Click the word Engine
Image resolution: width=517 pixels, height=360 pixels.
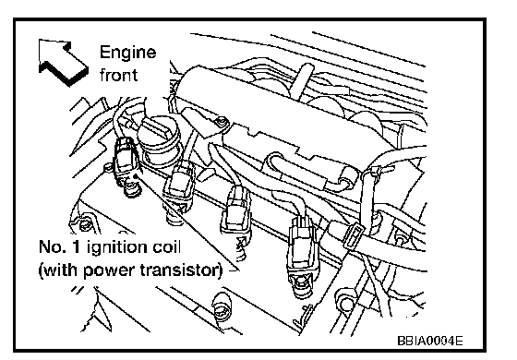(127, 54)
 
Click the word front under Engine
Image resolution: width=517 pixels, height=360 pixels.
(118, 75)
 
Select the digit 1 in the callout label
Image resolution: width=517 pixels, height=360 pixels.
(76, 247)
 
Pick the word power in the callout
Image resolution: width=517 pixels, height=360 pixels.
(110, 271)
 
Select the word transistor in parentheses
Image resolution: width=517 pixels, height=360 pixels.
(178, 270)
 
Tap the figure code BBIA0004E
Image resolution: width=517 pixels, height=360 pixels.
(430, 341)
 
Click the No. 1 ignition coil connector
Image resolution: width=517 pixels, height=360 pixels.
(126, 164)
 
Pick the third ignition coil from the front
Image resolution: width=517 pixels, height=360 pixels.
(236, 213)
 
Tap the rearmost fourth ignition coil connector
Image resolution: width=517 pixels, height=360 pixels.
(300, 254)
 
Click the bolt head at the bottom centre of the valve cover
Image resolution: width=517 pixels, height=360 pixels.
(222, 306)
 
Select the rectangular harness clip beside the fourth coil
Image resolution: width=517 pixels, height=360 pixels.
(353, 236)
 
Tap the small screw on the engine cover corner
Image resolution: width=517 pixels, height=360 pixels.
(222, 122)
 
